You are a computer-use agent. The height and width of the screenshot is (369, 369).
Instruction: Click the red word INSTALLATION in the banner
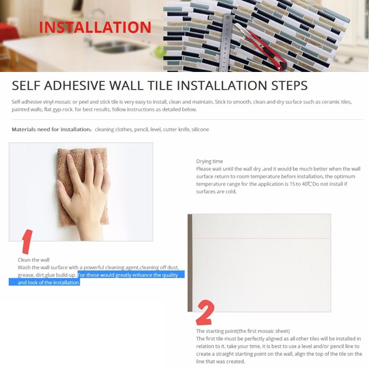point(95,27)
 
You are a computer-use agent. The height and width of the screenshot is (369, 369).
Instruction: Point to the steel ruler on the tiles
point(226,43)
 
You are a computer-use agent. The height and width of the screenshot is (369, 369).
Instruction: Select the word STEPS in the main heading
point(290,85)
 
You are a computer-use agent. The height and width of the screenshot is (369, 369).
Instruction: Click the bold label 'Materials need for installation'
point(51,130)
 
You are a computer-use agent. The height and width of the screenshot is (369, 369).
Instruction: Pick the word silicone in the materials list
point(200,130)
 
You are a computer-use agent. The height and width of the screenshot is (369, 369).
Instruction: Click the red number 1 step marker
point(28,242)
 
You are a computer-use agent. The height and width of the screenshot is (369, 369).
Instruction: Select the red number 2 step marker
point(205,313)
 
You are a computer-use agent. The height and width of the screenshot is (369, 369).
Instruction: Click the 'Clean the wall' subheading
point(33,260)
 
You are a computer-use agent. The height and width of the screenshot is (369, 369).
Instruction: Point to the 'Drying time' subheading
point(209,161)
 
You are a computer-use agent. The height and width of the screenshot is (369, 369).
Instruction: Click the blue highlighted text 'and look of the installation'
point(49,282)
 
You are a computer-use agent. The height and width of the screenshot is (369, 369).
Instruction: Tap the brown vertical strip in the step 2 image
point(190,263)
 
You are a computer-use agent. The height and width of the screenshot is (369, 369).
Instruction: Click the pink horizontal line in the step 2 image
point(262,238)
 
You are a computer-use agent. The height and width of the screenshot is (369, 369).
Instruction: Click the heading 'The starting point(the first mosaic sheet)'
point(243,331)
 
